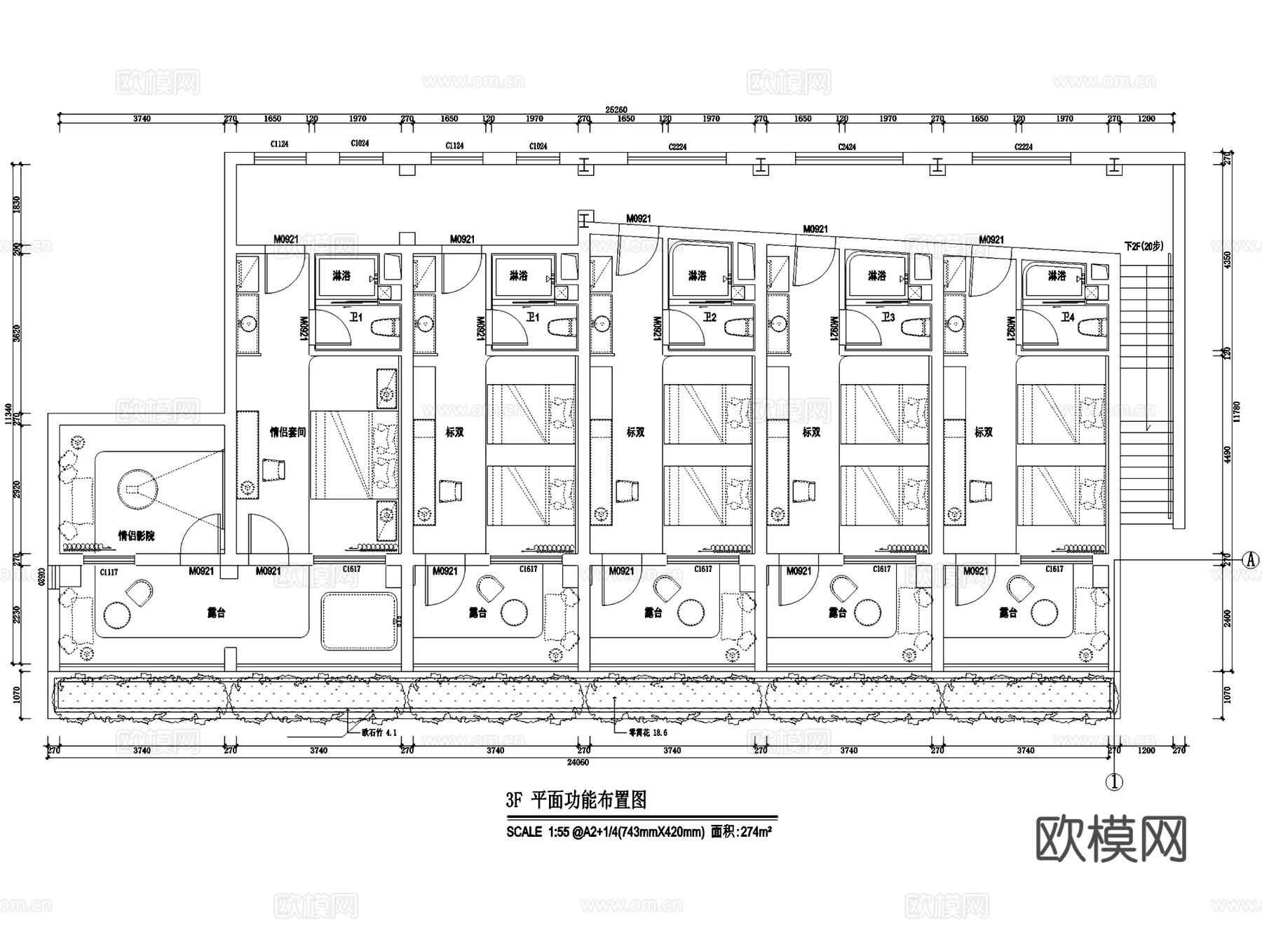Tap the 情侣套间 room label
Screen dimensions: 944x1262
click(x=288, y=432)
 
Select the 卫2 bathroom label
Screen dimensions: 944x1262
click(x=710, y=317)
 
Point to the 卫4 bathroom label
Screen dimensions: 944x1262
click(x=1066, y=317)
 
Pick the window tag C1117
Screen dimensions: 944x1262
click(x=109, y=572)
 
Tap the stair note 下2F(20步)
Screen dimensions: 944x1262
click(x=1143, y=247)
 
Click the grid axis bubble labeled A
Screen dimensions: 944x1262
click(x=1249, y=560)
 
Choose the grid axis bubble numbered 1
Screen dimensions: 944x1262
click(x=1114, y=781)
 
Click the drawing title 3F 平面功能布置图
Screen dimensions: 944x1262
click(x=576, y=800)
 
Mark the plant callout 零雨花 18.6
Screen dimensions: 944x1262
click(x=648, y=733)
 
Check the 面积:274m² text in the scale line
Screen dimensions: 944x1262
click(x=741, y=833)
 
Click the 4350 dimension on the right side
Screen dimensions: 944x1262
click(x=1227, y=259)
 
